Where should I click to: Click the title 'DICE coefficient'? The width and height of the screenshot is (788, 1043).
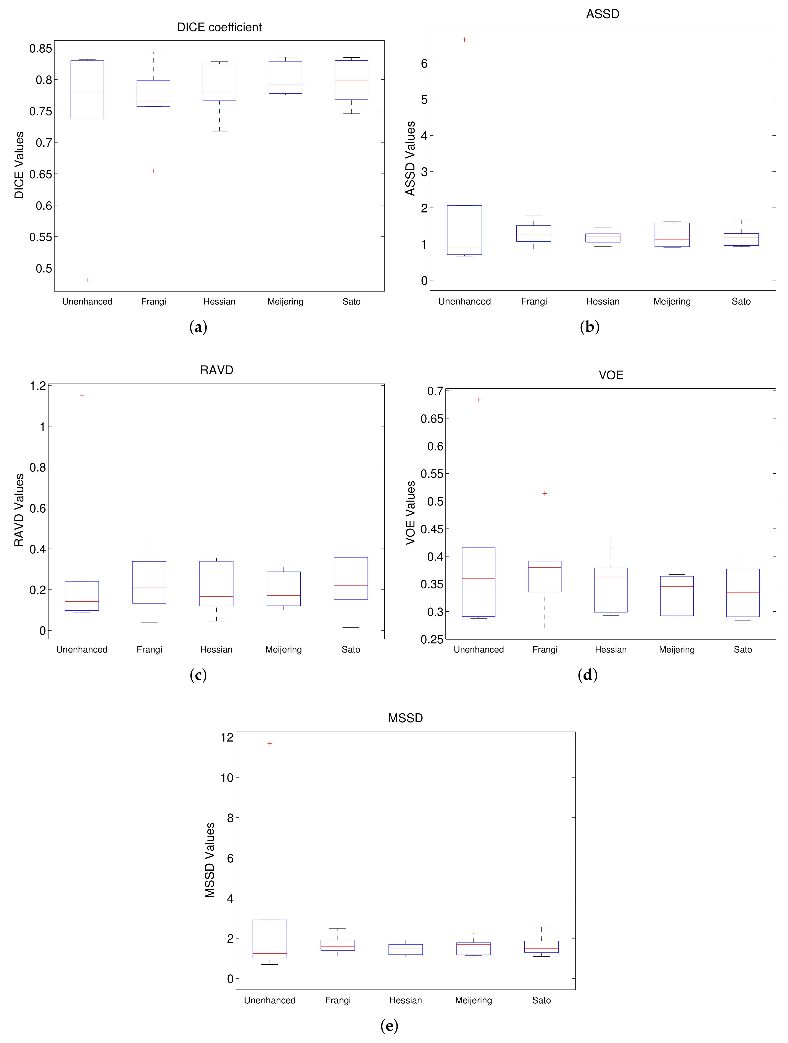pyautogui.click(x=219, y=27)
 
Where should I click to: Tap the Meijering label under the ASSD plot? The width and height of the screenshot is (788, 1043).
pyautogui.click(x=672, y=301)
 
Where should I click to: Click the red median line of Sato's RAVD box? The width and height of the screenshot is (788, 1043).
pyautogui.click(x=351, y=586)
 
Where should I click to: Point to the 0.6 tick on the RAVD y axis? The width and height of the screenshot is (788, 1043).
pyautogui.click(x=38, y=508)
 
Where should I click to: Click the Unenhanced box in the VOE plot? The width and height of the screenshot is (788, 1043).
pyautogui.click(x=478, y=582)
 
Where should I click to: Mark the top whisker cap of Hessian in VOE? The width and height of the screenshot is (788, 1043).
pyautogui.click(x=611, y=534)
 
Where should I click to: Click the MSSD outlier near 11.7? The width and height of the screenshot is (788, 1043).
pyautogui.click(x=270, y=743)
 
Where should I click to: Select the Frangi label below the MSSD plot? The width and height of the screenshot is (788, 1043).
pyautogui.click(x=337, y=1000)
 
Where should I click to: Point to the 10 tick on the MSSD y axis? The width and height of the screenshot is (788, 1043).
pyautogui.click(x=227, y=777)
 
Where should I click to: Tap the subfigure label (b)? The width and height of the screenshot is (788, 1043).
pyautogui.click(x=589, y=327)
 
